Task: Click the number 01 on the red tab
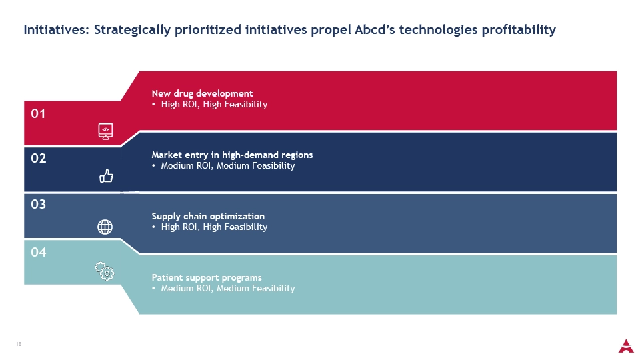pos(39,113)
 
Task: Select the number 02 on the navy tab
pos(39,158)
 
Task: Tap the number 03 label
pos(39,204)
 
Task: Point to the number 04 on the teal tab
pos(39,252)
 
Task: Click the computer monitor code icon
pos(105,131)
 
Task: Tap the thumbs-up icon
pos(106,176)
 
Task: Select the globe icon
pos(105,227)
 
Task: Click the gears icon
pos(105,271)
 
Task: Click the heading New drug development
pos(202,93)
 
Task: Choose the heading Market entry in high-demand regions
pos(232,155)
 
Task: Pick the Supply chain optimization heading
pos(208,216)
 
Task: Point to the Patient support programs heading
pos(207,277)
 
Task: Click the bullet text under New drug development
pos(214,105)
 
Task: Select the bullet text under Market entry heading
pos(228,166)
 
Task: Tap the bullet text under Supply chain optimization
pos(214,227)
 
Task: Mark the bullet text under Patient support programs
pos(228,288)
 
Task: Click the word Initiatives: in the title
pos(56,30)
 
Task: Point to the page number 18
pos(19,344)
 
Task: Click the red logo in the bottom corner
pos(626,346)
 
